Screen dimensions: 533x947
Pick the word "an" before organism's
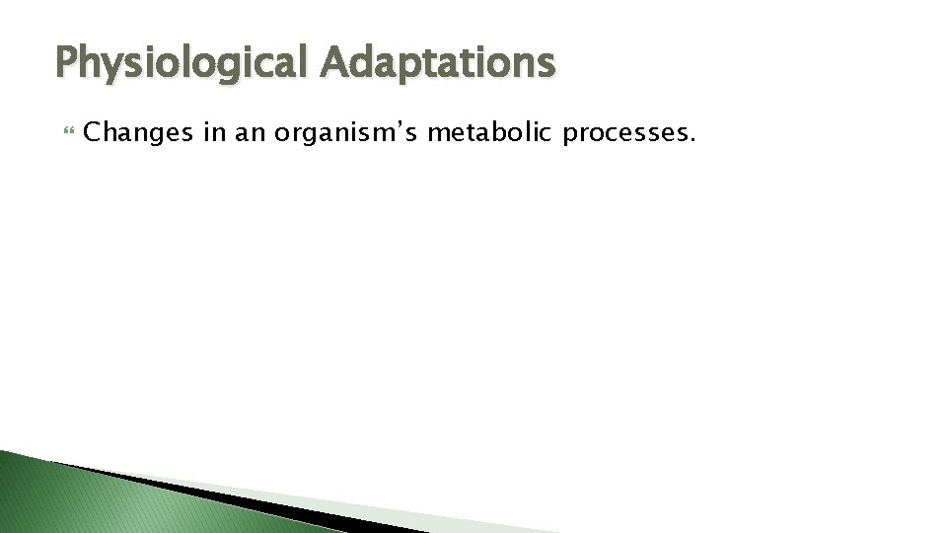tap(251, 133)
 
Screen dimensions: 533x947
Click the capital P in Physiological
tap(68, 63)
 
